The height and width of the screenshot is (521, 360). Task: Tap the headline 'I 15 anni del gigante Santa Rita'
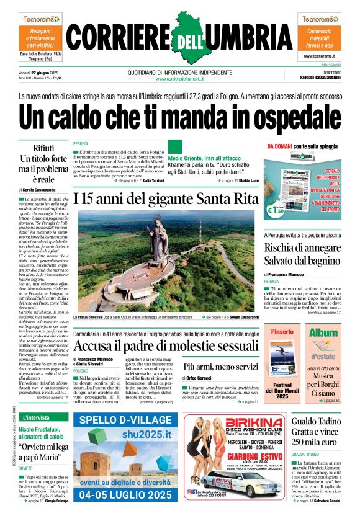click(165, 199)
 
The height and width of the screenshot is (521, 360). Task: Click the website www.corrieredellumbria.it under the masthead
click(179, 78)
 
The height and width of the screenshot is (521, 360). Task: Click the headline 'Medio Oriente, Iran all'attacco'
click(207, 158)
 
